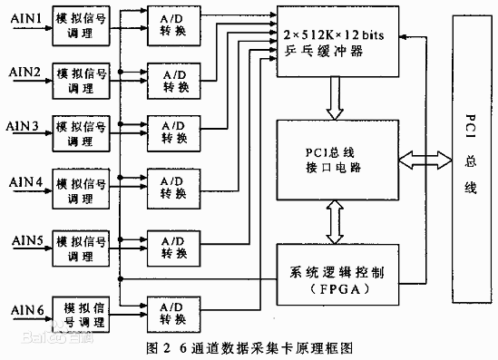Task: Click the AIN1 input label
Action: (x=24, y=18)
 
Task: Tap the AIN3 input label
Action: (x=24, y=126)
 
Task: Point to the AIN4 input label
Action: (x=24, y=182)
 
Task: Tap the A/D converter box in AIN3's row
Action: (x=175, y=131)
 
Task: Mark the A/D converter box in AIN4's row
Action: (x=175, y=187)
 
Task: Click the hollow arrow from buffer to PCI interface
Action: (x=337, y=96)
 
